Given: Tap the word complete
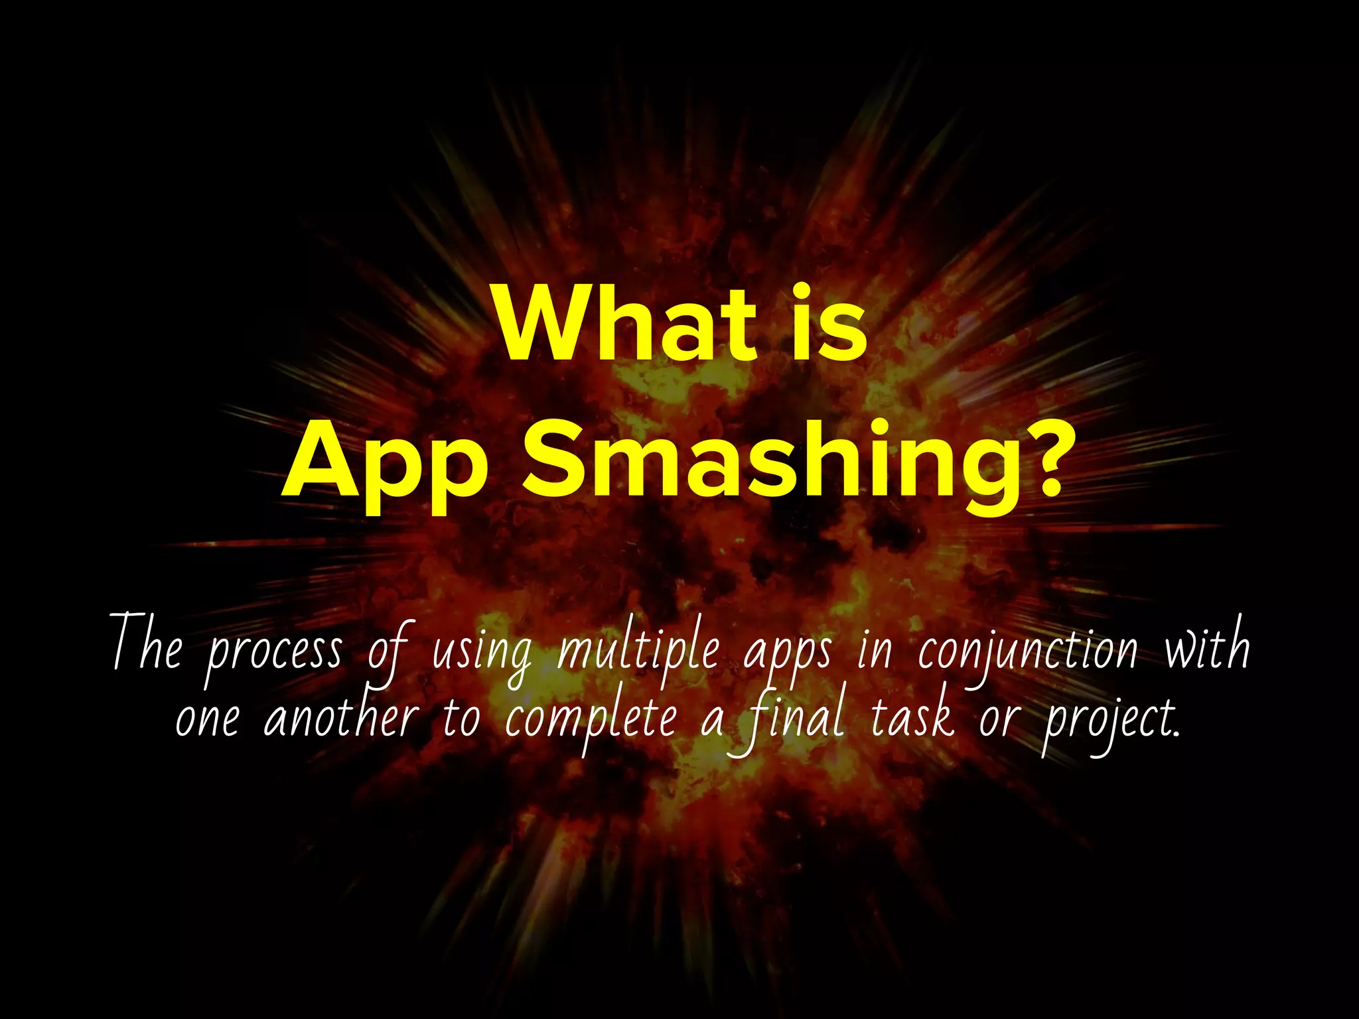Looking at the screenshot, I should click(590, 720).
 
